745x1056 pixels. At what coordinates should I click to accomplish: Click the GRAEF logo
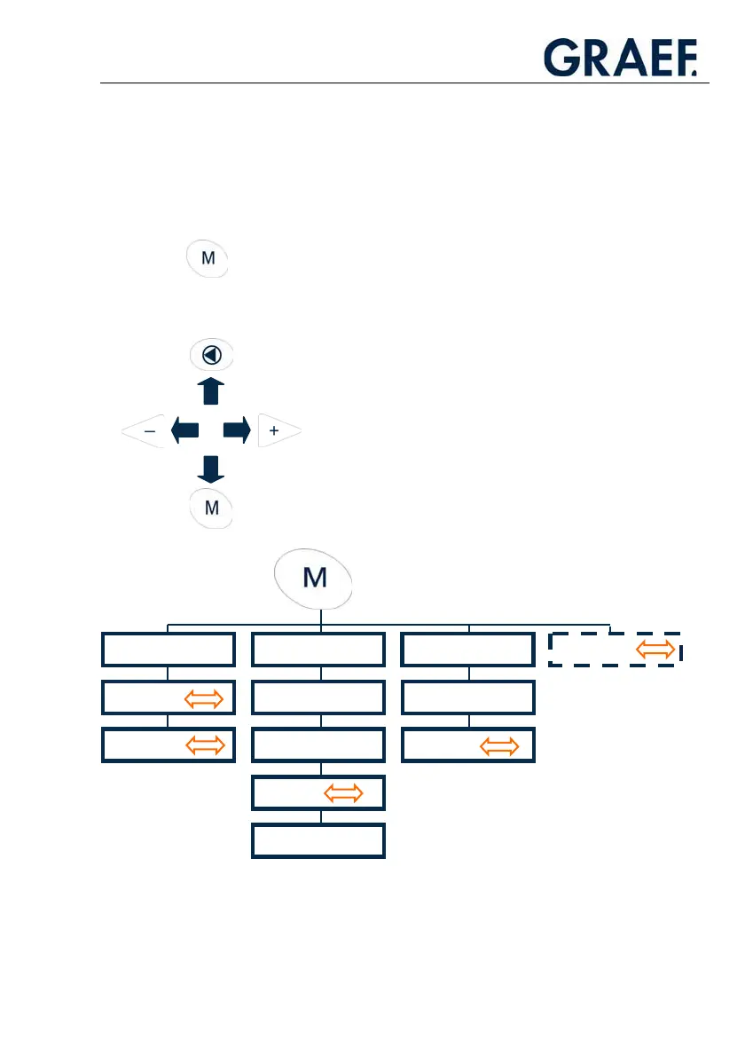pyautogui.click(x=620, y=58)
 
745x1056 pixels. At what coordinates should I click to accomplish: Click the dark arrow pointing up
pyautogui.click(x=211, y=391)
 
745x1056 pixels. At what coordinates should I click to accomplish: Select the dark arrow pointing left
pyautogui.click(x=184, y=431)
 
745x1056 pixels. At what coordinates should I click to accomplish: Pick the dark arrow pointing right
pyautogui.click(x=237, y=431)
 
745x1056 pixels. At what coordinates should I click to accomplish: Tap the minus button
pyautogui.click(x=146, y=431)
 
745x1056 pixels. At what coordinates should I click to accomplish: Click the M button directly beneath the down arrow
pyautogui.click(x=212, y=509)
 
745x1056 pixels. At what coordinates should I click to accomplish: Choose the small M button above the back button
pyautogui.click(x=208, y=259)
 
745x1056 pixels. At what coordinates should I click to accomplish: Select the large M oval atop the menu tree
pyautogui.click(x=315, y=579)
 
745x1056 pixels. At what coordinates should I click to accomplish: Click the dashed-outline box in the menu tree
pyautogui.click(x=614, y=650)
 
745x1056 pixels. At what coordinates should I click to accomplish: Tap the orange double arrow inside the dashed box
pyautogui.click(x=655, y=650)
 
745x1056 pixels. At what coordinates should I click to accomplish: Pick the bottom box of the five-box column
pyautogui.click(x=318, y=841)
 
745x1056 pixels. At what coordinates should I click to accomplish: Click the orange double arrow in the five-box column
pyautogui.click(x=343, y=793)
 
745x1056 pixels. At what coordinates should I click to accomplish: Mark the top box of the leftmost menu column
pyautogui.click(x=169, y=650)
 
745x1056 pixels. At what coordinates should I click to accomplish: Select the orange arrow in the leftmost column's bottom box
pyautogui.click(x=204, y=745)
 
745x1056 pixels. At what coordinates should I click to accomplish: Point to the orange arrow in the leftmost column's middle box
pyautogui.click(x=204, y=697)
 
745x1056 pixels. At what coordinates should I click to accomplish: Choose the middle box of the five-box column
pyautogui.click(x=318, y=745)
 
